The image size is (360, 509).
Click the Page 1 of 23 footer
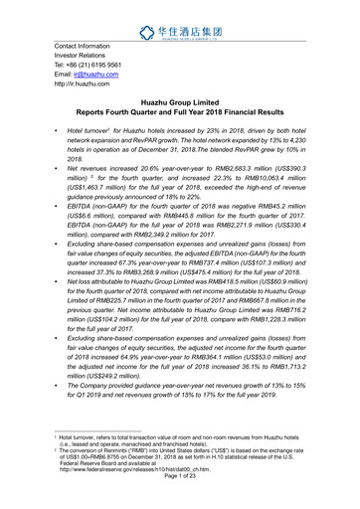tap(179, 499)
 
